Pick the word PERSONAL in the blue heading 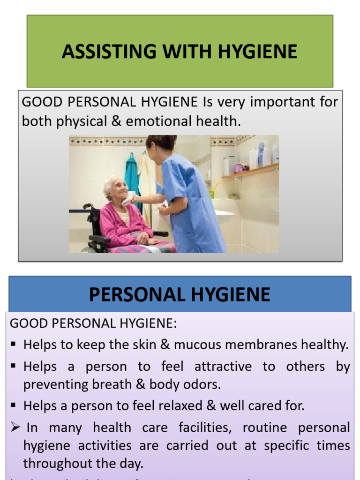pos(135,295)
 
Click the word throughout pos(53,464)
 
